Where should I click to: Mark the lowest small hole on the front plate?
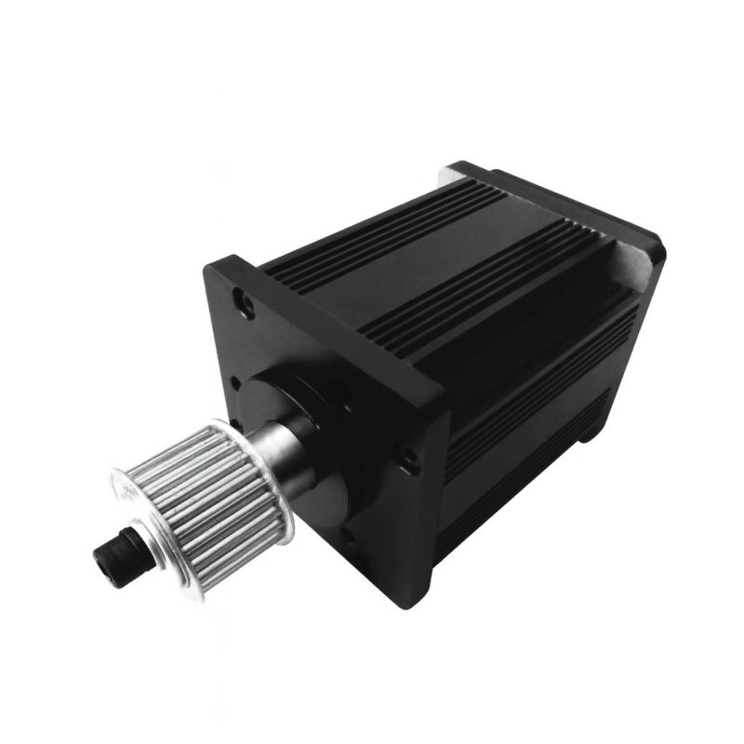pos(349,539)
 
